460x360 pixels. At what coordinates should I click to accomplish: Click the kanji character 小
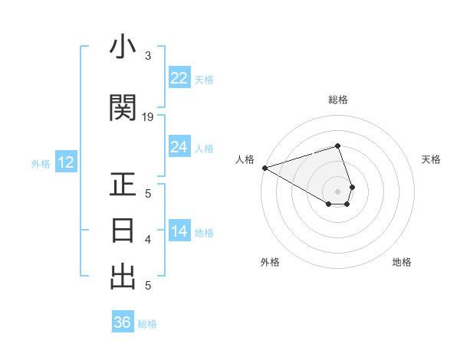(123, 49)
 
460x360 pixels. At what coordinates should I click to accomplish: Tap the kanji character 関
(123, 108)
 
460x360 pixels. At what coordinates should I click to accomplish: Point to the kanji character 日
(123, 231)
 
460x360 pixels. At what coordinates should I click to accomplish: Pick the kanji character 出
(123, 276)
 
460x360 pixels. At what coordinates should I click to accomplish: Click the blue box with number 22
(179, 78)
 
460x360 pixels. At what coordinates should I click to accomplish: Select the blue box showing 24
(179, 147)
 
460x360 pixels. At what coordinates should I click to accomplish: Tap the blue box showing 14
(179, 232)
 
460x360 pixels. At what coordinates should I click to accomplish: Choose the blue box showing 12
(65, 162)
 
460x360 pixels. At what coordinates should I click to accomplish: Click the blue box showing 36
(122, 322)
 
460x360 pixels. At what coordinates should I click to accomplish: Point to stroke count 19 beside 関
(148, 116)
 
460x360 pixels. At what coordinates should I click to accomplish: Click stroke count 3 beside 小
(148, 56)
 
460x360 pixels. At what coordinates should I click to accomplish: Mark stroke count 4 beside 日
(148, 240)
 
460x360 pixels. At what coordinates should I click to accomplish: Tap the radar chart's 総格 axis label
(338, 100)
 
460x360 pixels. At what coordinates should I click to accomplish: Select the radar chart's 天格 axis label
(431, 159)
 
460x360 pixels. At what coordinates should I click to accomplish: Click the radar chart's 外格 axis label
(270, 262)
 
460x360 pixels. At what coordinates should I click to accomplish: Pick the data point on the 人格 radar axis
(264, 168)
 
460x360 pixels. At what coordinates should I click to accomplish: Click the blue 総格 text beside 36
(147, 324)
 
